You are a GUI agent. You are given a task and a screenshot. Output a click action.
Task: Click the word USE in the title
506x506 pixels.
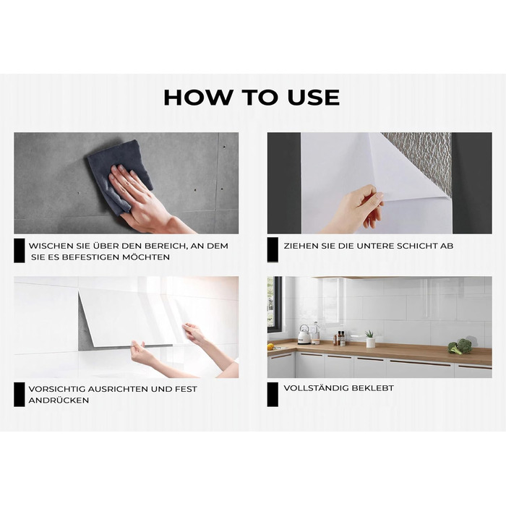[x=313, y=97]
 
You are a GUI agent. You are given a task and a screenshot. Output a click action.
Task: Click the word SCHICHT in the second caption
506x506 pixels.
[x=417, y=246]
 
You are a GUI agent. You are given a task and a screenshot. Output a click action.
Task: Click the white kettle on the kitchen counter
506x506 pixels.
[x=304, y=335]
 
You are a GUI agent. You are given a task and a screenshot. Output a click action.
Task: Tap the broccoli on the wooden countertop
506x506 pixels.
[x=460, y=346]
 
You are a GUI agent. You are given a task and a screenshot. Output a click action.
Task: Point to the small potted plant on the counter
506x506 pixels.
[x=370, y=339]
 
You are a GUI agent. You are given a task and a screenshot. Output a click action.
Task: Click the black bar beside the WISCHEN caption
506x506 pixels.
[x=20, y=251]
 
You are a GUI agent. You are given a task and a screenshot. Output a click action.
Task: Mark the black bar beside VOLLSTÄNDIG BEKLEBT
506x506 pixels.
[x=273, y=395]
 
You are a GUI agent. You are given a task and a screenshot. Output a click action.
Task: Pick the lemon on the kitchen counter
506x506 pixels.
[x=270, y=347]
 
